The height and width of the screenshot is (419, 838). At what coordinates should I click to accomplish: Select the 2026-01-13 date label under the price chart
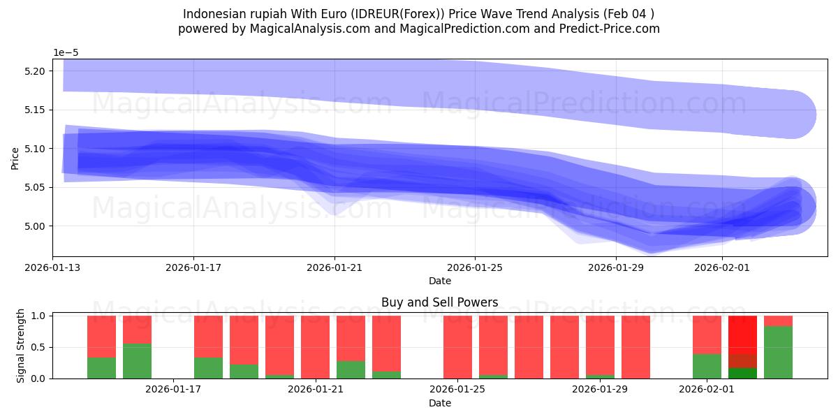[x=53, y=267]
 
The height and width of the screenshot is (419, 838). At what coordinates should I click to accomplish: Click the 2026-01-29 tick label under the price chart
[x=616, y=267]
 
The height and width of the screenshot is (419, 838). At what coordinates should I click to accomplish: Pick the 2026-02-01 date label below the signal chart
[x=707, y=388]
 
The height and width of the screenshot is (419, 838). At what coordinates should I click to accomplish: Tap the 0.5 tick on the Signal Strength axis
[x=40, y=347]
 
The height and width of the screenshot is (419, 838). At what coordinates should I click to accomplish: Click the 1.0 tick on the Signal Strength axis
[x=40, y=316]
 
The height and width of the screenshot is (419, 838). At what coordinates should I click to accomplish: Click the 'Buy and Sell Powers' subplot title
[x=440, y=302]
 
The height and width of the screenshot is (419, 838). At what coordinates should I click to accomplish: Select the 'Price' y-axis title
[x=15, y=158]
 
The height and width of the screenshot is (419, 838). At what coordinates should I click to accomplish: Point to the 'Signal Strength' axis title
[x=20, y=346]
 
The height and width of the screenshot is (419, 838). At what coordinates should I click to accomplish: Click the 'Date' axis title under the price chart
[x=440, y=281]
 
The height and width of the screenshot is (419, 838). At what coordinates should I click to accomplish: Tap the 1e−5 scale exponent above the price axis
[x=66, y=52]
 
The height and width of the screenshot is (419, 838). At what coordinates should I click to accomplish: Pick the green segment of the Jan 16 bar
[x=137, y=361]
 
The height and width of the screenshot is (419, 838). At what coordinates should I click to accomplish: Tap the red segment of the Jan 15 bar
[x=101, y=337]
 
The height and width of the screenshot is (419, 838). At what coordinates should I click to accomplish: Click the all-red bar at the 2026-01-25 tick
[x=457, y=347]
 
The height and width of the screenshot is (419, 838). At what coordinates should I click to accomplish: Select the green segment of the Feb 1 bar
[x=707, y=366]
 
